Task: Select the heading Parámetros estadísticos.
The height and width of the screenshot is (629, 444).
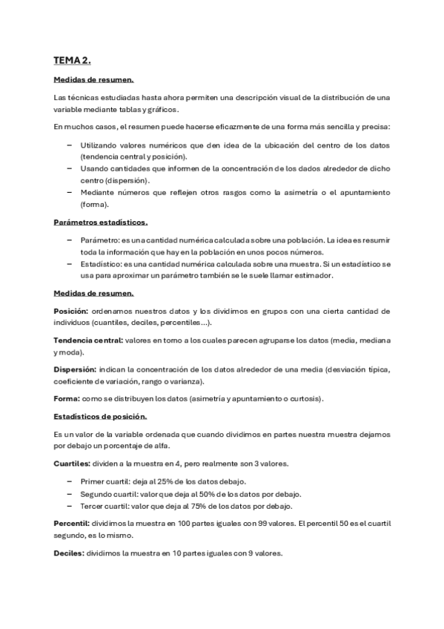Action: coord(100,222)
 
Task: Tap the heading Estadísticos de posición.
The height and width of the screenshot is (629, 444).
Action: coord(101,416)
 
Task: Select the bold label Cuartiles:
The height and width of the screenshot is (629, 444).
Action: coord(73,464)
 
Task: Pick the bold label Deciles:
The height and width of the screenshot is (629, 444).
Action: coord(69,553)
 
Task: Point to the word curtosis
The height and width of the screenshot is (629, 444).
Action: coord(305,398)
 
